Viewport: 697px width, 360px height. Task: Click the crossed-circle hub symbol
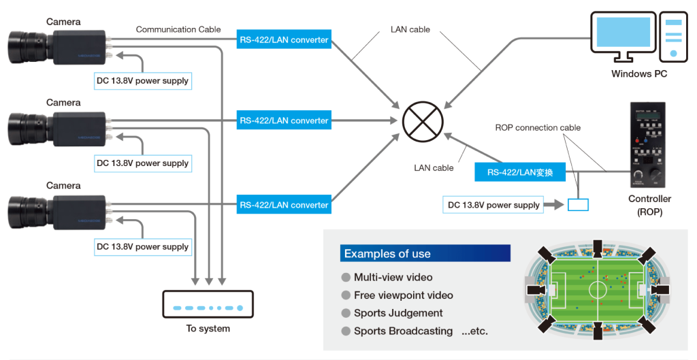click(x=423, y=121)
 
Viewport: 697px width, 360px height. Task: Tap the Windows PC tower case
click(x=672, y=34)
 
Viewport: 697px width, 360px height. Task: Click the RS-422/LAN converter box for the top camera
click(x=284, y=39)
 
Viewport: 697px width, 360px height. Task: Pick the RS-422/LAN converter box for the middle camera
click(x=284, y=120)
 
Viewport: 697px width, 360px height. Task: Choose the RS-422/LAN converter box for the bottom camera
click(x=284, y=204)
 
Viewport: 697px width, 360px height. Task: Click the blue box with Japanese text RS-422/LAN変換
click(x=520, y=173)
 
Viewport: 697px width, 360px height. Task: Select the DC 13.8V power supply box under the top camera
click(x=142, y=81)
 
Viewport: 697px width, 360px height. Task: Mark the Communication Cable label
click(x=178, y=29)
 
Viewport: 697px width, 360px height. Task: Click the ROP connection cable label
click(x=538, y=127)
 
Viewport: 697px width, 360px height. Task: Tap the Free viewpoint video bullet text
click(x=403, y=295)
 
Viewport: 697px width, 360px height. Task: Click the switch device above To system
click(x=208, y=304)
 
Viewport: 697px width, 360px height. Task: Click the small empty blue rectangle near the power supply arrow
click(x=579, y=204)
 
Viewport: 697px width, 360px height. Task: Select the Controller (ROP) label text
click(x=649, y=205)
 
